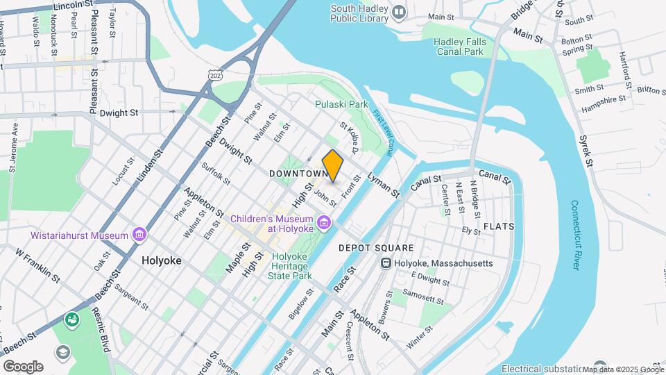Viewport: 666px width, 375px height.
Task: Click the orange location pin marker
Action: tap(333, 166)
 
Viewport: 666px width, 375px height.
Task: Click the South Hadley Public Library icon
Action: tap(399, 12)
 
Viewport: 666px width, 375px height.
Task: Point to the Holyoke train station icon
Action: tap(386, 263)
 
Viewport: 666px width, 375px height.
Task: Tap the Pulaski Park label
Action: tap(341, 104)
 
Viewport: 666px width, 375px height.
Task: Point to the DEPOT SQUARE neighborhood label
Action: tap(375, 248)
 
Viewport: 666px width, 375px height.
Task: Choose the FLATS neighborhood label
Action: tap(499, 227)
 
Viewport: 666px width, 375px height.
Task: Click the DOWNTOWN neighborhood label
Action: tap(298, 173)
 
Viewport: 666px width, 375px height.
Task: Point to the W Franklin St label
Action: tap(38, 264)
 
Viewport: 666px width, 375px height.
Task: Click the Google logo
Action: tap(23, 366)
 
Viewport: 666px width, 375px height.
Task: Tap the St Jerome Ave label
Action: tap(12, 147)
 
